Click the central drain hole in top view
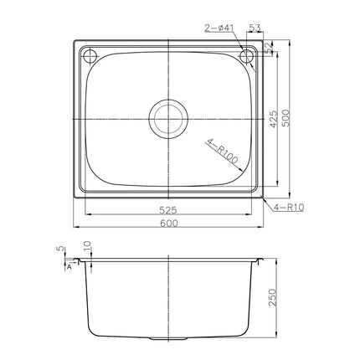[x=170, y=117]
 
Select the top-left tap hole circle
[x=90, y=57]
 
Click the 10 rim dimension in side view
[x=86, y=248]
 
